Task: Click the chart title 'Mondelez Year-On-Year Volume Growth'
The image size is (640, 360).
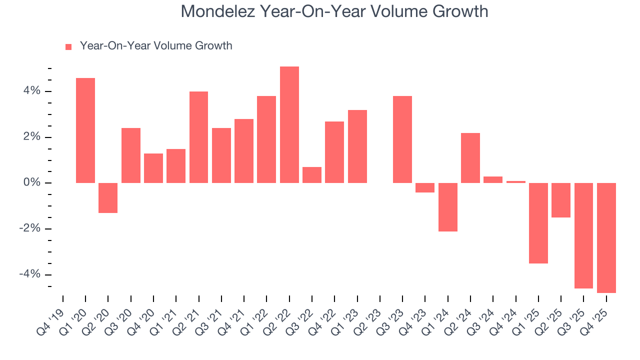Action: point(334,11)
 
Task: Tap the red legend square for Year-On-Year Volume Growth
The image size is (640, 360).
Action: point(68,46)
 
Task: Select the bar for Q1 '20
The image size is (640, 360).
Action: point(85,130)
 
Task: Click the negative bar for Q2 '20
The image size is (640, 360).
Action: point(108,198)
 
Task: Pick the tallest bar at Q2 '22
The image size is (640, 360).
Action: point(289,124)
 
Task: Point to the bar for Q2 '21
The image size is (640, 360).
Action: point(198,137)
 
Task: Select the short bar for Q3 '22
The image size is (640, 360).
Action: point(312,175)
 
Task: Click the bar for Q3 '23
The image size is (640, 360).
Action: point(402,139)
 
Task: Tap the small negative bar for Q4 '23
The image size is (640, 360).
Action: point(425,187)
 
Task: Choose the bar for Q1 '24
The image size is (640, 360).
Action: point(447,207)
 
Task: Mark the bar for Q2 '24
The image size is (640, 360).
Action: point(470,158)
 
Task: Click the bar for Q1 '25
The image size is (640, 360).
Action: point(538,223)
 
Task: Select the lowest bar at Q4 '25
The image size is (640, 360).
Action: point(606,238)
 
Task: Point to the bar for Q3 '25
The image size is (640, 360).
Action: point(583,235)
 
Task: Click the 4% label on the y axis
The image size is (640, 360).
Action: point(30,91)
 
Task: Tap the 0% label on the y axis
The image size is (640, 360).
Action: point(30,183)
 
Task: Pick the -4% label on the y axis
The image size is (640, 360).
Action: point(29,274)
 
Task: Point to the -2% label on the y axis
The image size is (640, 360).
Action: point(29,228)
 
